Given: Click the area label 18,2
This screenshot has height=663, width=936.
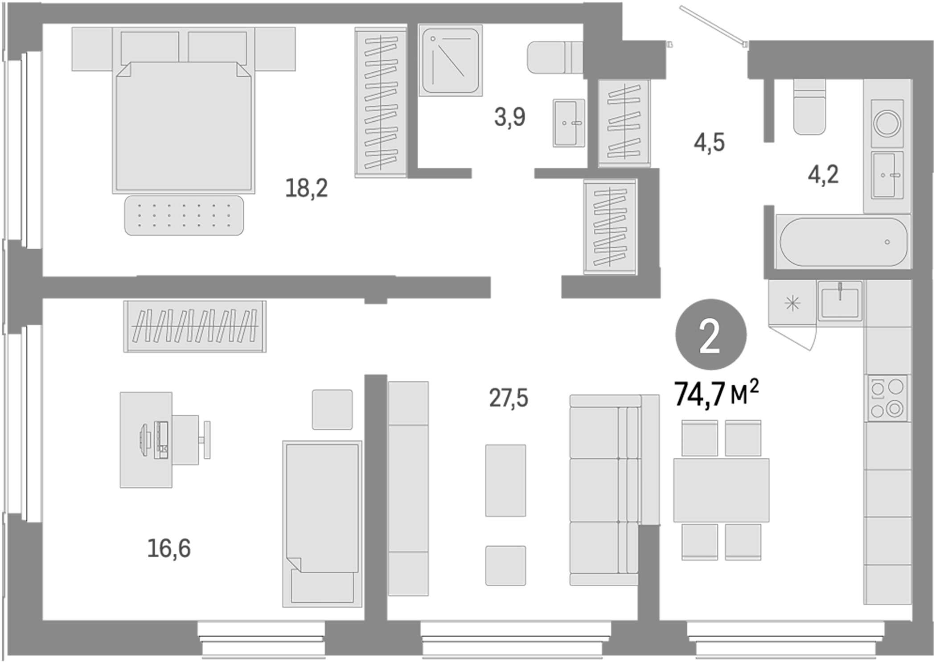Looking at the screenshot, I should [307, 188].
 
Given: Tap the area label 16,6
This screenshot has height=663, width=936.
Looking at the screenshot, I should [169, 548].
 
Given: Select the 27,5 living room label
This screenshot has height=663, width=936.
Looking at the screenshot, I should [509, 398].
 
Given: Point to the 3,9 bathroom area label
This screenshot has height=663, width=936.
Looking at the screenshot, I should [510, 117].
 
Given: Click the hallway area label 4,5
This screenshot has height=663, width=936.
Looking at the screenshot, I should [709, 143].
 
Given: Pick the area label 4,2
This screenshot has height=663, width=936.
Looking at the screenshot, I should [823, 174].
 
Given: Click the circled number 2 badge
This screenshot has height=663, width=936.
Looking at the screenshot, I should [710, 335].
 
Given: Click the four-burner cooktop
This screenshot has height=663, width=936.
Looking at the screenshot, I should [887, 398].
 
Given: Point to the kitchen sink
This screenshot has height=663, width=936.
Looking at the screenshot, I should [840, 301].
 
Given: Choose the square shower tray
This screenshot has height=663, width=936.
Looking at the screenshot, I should [451, 60].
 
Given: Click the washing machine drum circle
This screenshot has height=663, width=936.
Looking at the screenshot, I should [887, 123].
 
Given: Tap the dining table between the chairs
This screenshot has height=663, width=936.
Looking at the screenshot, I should [721, 490].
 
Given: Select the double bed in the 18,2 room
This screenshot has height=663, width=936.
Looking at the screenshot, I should [183, 127].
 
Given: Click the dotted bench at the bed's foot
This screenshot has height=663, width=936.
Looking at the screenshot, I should [184, 215].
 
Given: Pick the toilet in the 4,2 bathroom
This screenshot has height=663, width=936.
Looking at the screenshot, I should [809, 107].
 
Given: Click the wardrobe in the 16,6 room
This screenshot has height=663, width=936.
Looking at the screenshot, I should [195, 326].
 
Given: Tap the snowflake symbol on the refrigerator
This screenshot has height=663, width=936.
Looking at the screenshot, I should [792, 304].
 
